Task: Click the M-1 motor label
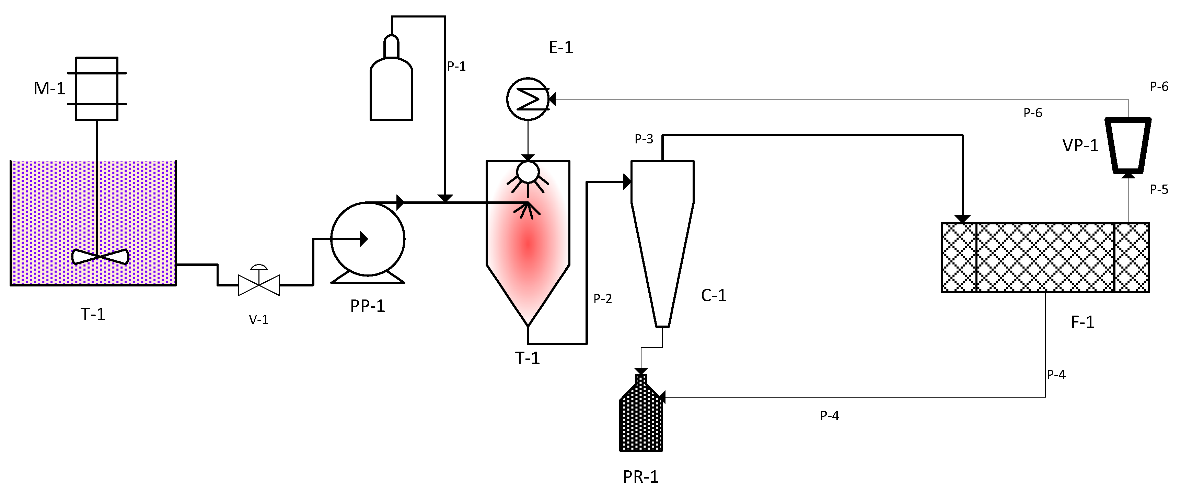point(49,89)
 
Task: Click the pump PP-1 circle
point(368,239)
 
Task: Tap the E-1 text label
point(561,47)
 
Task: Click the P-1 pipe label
point(456,67)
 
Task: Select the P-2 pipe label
point(602,299)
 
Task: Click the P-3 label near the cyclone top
point(644,139)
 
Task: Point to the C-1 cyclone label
point(713,296)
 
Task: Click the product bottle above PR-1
point(641,417)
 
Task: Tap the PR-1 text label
point(640,477)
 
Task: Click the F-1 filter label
point(1082,322)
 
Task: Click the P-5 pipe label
point(1159,189)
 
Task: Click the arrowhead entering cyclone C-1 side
point(627,181)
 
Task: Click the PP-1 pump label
point(367,306)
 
